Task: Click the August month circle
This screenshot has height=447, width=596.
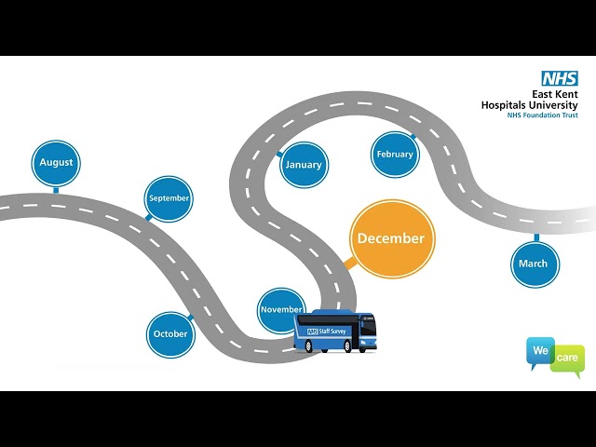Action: pyautogui.click(x=56, y=164)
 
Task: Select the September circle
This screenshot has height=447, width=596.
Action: pyautogui.click(x=169, y=198)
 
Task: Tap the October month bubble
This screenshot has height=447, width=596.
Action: pyautogui.click(x=170, y=334)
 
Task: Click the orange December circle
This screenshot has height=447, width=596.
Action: pyautogui.click(x=392, y=239)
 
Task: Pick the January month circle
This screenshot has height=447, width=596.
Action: pyautogui.click(x=305, y=165)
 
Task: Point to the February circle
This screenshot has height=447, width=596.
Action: pyautogui.click(x=395, y=155)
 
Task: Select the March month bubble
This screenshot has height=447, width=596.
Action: pyautogui.click(x=535, y=264)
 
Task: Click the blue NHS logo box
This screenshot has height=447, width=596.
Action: pyautogui.click(x=560, y=78)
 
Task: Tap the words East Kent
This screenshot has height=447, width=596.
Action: pyautogui.click(x=555, y=94)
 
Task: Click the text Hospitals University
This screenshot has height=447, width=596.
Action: pyautogui.click(x=530, y=105)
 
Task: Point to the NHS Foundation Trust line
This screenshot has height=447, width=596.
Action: pyautogui.click(x=542, y=115)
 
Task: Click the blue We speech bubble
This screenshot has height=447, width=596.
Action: pyautogui.click(x=540, y=350)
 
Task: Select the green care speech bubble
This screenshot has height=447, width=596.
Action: pyautogui.click(x=568, y=359)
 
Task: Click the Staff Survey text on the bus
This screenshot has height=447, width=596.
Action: pyautogui.click(x=332, y=332)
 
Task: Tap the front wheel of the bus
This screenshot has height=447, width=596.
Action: pyautogui.click(x=347, y=346)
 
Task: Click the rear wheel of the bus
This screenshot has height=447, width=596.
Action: pyautogui.click(x=308, y=345)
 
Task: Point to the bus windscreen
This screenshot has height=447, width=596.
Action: pyautogui.click(x=368, y=327)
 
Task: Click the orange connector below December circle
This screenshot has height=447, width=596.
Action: pyautogui.click(x=350, y=263)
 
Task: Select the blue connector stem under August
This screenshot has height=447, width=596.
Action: pyautogui.click(x=56, y=190)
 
